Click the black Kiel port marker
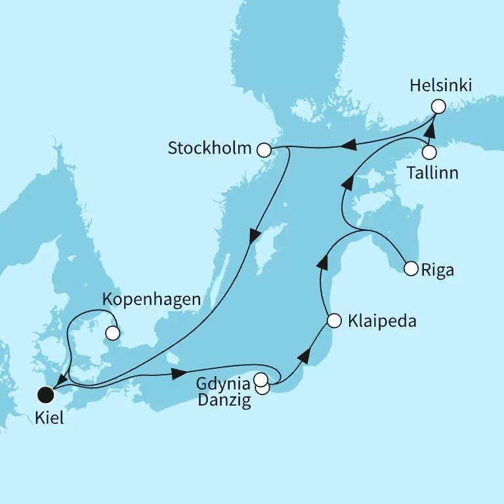(x=45, y=394)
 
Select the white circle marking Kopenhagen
(x=114, y=333)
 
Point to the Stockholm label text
(x=209, y=148)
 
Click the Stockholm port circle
(x=264, y=150)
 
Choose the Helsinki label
(x=441, y=85)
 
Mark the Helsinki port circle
(x=438, y=106)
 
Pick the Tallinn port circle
(x=429, y=153)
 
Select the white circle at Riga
(x=411, y=268)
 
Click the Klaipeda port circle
(x=334, y=321)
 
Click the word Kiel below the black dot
(x=50, y=418)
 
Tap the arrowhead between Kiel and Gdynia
(x=177, y=375)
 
